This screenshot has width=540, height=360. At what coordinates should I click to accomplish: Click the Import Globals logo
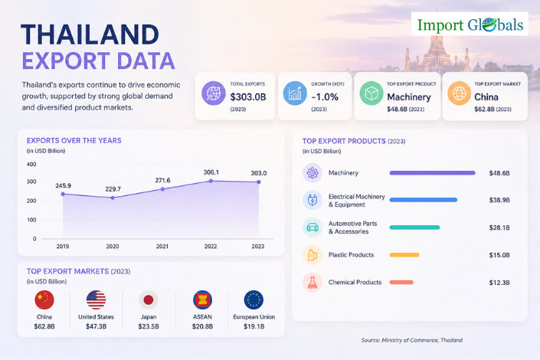pos(470,24)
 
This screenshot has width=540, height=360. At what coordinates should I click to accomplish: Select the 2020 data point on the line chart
pos(113,198)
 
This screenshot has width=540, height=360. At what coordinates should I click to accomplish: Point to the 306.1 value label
pos(211,172)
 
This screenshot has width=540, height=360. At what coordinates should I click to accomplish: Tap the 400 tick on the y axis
pos(31,165)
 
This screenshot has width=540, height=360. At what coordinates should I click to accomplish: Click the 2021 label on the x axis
pos(162,247)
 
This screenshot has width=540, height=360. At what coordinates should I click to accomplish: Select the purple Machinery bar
pos(432,173)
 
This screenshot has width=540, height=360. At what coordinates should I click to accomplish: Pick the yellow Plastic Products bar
pos(404,255)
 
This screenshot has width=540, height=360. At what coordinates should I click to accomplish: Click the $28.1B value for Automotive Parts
pos(499,227)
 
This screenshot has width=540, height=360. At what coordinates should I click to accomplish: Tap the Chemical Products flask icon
pos(313,283)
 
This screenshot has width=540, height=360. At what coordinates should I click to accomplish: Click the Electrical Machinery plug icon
pos(313,200)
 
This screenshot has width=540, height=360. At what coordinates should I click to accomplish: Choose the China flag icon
pos(44,299)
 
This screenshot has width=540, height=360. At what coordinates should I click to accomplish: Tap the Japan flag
pos(149,299)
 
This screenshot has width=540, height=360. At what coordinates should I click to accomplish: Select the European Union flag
pos(254,299)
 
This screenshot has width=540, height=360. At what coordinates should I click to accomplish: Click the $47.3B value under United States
pos(96,326)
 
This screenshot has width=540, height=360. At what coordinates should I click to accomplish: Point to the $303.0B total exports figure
pos(248,97)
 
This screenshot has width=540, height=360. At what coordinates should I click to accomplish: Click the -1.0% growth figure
pos(325,97)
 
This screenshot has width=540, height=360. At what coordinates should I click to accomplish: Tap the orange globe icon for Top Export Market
pos(460,93)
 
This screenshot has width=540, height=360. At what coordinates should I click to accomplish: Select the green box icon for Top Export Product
pos(371,93)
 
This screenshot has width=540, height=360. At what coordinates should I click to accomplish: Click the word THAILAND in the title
pos(90,34)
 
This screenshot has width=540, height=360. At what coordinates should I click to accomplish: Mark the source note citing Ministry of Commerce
pos(412,340)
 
